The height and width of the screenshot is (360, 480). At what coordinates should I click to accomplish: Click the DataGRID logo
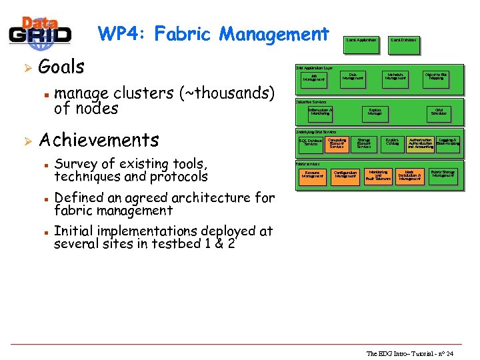coord(39,33)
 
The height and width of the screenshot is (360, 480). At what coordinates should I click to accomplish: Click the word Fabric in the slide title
coord(183,33)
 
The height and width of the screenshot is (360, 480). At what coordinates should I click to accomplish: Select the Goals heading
coord(61,67)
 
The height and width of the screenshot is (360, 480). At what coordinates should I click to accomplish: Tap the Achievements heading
coord(99,140)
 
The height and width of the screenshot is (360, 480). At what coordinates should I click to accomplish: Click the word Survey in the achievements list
coord(75,163)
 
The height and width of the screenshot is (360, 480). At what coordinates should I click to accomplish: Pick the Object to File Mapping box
coord(436,77)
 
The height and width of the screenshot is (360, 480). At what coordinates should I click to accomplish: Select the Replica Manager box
coord(375,112)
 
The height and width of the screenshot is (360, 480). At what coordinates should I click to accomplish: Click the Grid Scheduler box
coord(439,112)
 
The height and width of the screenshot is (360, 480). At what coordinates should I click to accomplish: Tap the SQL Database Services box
coord(311,143)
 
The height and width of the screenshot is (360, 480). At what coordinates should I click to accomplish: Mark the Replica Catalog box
coord(392,142)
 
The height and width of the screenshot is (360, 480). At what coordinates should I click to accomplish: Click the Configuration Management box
coord(345,175)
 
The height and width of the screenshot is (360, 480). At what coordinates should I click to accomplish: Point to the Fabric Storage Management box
coord(443,174)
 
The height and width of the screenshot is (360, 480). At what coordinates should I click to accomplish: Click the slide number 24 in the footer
coord(449,353)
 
